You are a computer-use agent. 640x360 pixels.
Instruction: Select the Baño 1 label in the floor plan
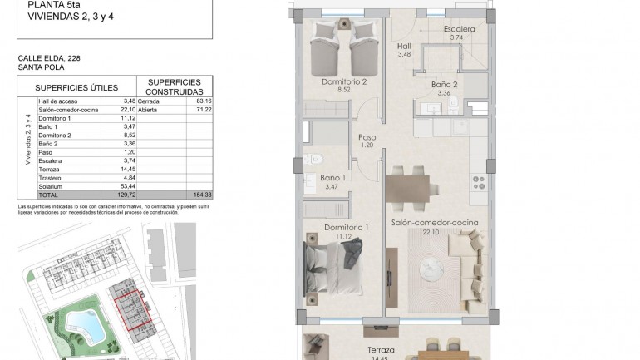[x=332, y=178]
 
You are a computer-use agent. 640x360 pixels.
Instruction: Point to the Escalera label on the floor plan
[x=459, y=29]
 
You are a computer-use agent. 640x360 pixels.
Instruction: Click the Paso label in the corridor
[x=367, y=137]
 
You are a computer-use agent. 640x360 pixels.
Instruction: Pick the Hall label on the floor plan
[x=404, y=46]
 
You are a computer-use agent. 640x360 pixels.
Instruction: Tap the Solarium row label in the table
[x=52, y=186]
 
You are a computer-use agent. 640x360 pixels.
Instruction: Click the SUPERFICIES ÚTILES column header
[x=76, y=87]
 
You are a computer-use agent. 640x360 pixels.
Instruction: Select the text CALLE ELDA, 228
[x=50, y=58]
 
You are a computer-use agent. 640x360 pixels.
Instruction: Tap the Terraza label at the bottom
[x=381, y=350]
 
